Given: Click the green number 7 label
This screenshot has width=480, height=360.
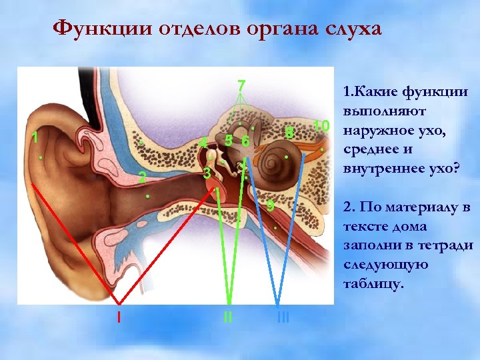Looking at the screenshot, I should click(241, 86).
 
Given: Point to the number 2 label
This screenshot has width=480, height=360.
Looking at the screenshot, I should click(142, 177).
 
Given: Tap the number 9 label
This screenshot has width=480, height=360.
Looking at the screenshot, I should click(270, 206).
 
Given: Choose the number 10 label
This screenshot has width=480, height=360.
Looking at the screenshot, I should click(321, 126).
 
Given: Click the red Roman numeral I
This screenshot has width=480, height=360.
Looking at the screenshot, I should click(119, 317).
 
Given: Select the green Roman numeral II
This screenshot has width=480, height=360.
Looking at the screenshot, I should click(228, 317).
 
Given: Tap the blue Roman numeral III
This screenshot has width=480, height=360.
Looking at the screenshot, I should click(283, 317).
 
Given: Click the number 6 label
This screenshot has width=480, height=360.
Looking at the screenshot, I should click(245, 142).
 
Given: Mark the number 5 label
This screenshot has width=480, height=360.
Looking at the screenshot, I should click(229, 141).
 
